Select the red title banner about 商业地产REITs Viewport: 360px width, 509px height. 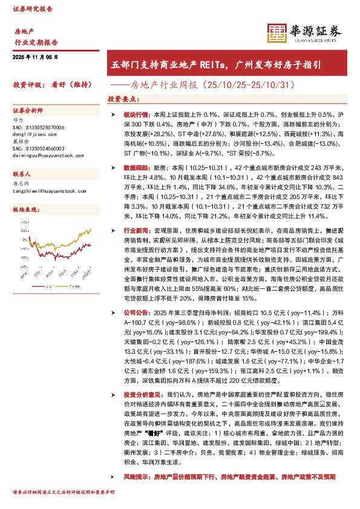coord(224,63)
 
